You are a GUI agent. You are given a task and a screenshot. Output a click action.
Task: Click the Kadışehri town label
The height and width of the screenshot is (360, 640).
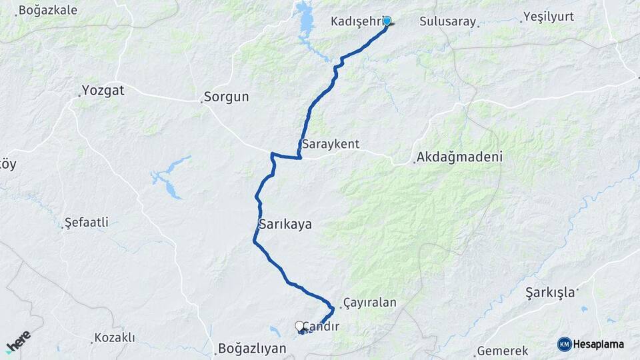(x=356, y=21)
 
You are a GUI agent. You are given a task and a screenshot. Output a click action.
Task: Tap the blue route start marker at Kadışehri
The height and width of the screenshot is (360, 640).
(x=387, y=21)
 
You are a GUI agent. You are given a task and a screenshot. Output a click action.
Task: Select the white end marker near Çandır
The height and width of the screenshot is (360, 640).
(x=299, y=326)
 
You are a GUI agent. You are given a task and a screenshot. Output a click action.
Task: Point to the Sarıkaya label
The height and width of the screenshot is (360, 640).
(x=285, y=225)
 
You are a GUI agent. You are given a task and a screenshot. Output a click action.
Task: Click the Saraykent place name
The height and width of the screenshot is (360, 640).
(x=331, y=144)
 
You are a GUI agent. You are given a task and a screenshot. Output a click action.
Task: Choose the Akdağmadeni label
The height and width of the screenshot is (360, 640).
(x=459, y=158)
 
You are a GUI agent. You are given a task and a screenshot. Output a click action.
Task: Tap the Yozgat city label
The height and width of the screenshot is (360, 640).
(x=103, y=90)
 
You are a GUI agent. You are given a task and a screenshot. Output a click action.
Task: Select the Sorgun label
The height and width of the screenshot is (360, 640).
(x=226, y=97)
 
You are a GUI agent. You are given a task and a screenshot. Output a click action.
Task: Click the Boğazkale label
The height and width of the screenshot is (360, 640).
(x=47, y=10)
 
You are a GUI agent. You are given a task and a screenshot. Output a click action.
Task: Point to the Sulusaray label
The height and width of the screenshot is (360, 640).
(x=448, y=21)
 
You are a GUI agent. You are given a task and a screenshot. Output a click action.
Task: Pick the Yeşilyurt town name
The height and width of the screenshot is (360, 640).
(x=548, y=17)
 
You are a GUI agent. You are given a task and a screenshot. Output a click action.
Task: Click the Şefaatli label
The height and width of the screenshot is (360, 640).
(x=86, y=223)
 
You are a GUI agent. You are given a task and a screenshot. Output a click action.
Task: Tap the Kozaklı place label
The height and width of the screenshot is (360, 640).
(x=114, y=338)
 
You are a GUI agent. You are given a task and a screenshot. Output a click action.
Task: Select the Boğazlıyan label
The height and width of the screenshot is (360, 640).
(x=252, y=349)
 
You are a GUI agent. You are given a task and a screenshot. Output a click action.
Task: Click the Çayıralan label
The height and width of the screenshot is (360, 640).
(x=369, y=303)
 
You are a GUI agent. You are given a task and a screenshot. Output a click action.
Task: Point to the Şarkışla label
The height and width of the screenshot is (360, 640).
(x=550, y=293)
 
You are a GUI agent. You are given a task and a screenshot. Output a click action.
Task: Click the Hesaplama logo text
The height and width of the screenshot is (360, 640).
(x=598, y=344)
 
